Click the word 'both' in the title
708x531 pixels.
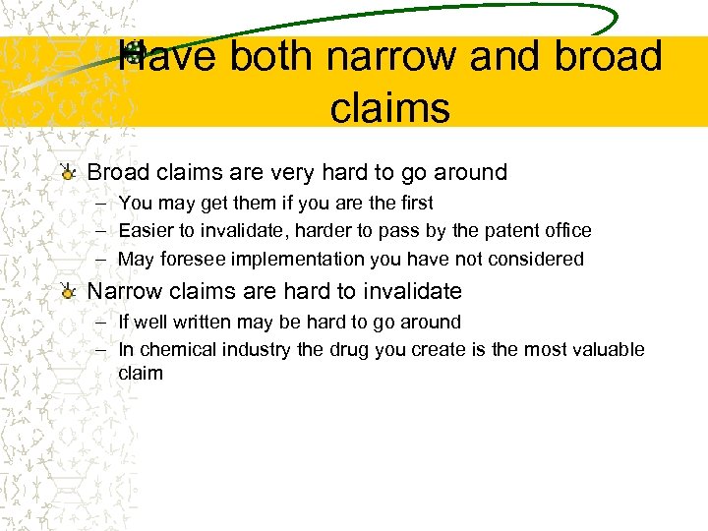pos(272,56)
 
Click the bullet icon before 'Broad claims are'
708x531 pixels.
pos(67,173)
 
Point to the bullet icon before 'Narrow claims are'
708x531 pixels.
pos(67,292)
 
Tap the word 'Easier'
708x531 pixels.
pos(146,231)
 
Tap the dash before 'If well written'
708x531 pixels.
pos(102,322)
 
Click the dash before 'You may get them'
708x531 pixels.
pos(102,203)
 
